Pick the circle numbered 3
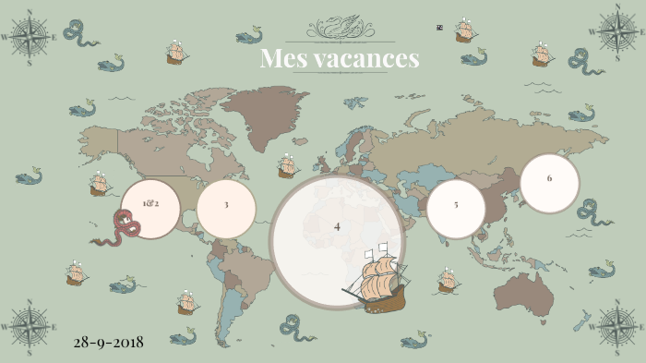226,205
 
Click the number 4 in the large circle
337,226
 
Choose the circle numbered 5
456,205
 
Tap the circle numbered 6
549,179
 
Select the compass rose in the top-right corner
616,30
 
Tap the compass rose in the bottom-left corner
30,326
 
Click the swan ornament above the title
339,28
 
